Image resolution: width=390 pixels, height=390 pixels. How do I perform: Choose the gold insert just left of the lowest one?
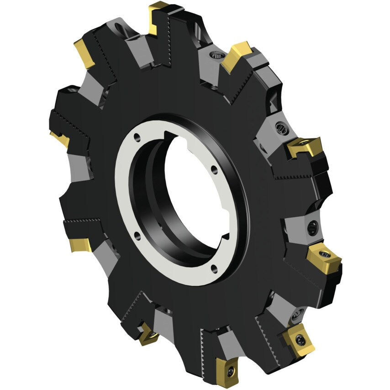[148, 333]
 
